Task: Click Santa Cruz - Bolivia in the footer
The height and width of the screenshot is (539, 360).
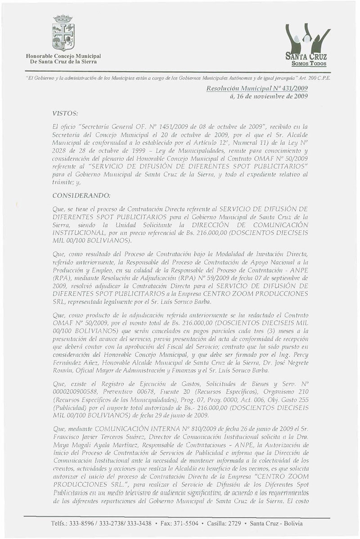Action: [x=281, y=523]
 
